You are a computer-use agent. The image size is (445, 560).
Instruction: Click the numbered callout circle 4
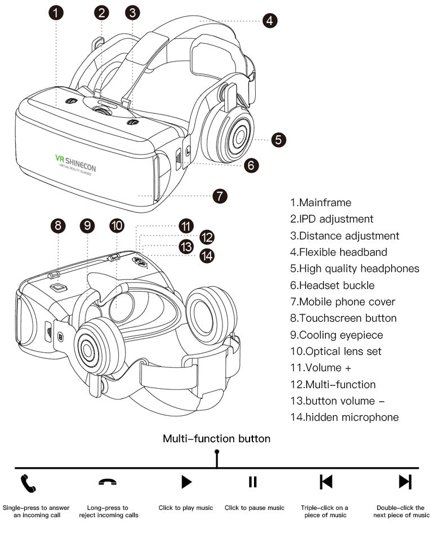click(270, 21)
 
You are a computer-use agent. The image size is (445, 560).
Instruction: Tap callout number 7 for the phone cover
click(220, 196)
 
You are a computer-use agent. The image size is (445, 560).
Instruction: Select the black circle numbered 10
click(117, 226)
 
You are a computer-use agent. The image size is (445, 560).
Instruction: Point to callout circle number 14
click(207, 255)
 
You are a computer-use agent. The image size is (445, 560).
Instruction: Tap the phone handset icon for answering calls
click(28, 482)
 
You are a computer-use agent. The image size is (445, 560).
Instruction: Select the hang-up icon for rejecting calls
click(108, 482)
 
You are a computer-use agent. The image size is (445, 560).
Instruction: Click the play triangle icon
click(186, 482)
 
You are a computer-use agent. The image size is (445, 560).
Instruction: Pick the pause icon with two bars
click(253, 482)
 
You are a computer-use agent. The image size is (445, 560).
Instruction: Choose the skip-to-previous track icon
click(326, 482)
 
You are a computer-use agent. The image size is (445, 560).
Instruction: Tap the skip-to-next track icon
click(405, 482)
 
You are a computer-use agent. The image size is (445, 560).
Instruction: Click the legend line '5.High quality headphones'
click(355, 269)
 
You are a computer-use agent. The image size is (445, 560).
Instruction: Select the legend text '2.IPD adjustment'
click(332, 219)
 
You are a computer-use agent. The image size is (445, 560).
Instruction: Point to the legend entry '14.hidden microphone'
click(344, 417)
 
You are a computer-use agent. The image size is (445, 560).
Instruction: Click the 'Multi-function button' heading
click(216, 438)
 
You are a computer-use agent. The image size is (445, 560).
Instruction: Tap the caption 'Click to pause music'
click(255, 508)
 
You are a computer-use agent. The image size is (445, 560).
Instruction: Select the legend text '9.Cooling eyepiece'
click(336, 335)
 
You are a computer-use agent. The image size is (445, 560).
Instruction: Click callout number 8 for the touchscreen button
click(57, 226)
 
